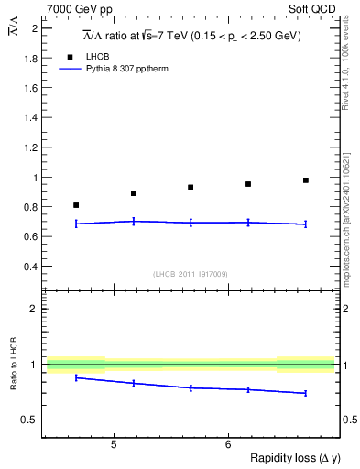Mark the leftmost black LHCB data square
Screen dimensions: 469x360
[x=76, y=205]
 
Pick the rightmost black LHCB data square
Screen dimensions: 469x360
[x=306, y=180]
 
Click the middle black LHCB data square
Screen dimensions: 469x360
[x=191, y=187]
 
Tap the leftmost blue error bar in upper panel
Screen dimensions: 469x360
[x=76, y=224]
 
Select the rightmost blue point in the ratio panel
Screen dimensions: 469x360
[x=306, y=393]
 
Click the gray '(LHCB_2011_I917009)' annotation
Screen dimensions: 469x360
[x=191, y=273]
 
